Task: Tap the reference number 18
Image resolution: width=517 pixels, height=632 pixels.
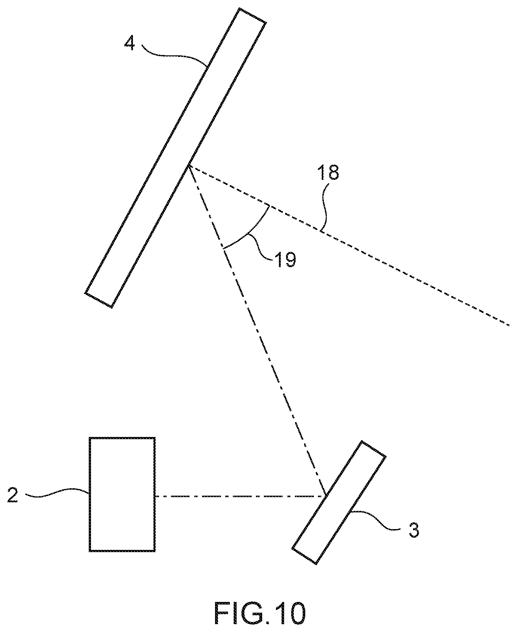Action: (x=328, y=173)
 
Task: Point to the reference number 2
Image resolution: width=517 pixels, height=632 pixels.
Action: (x=13, y=496)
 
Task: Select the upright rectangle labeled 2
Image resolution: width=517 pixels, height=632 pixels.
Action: (x=122, y=494)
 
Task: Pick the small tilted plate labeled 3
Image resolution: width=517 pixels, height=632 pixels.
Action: (x=339, y=502)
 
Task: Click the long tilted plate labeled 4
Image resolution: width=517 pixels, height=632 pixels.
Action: (x=175, y=158)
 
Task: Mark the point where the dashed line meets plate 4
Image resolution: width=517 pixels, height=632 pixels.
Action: (x=189, y=166)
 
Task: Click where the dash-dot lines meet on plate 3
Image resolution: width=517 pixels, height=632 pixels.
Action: (x=326, y=496)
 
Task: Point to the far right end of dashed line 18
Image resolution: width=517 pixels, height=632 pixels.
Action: (x=509, y=325)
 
